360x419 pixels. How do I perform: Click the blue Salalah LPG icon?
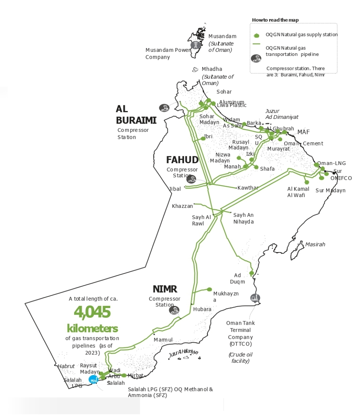coord(93,379)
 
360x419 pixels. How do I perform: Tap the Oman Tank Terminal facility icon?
coord(255,298)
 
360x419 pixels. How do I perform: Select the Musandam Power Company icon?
coord(195,45)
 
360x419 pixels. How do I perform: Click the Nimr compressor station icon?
coord(174,310)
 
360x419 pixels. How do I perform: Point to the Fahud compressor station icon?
coord(191,179)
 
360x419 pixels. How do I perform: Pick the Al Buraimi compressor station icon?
coord(165,107)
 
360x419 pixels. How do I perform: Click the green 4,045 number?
coord(92,312)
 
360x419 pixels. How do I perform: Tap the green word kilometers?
coord(92,328)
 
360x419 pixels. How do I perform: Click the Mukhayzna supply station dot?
coord(210,289)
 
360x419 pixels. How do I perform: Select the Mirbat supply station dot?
coord(124,375)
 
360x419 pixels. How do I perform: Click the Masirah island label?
coord(315,244)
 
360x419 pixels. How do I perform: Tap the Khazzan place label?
coord(182,206)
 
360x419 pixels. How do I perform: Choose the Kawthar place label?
coord(248,188)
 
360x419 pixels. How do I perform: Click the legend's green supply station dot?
coord(257,35)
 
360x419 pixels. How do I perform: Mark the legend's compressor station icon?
coord(256,59)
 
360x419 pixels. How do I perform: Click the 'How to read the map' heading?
coord(275,20)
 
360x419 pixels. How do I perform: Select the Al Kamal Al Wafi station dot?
coord(307,182)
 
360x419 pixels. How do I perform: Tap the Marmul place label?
coord(163,340)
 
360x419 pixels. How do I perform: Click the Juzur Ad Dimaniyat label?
coord(282,114)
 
